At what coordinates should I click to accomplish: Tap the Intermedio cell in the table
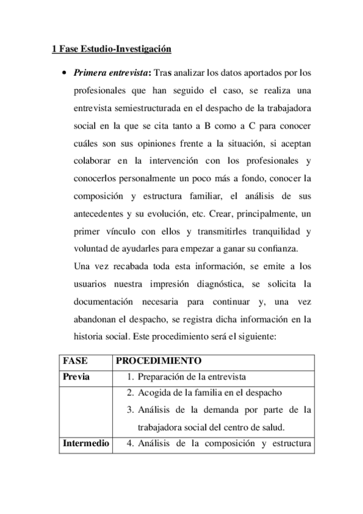[x=85, y=443]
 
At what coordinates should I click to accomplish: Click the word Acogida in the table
[x=155, y=393]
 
